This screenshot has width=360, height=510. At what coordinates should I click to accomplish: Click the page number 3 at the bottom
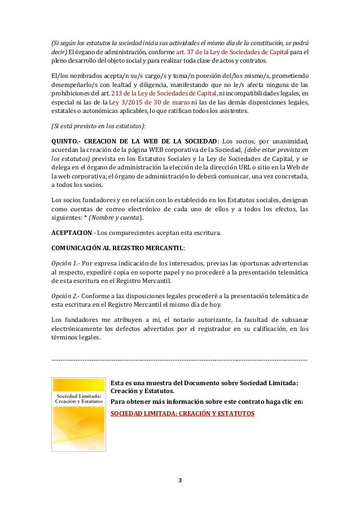click(x=180, y=481)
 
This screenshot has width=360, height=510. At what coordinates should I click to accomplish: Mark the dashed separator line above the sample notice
click(x=179, y=360)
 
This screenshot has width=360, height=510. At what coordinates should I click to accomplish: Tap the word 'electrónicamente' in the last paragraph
click(x=77, y=330)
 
